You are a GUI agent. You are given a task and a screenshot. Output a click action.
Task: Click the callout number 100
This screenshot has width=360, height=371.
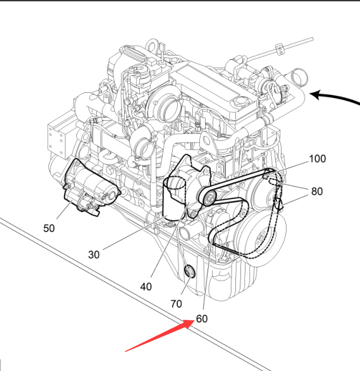pyautogui.click(x=318, y=159)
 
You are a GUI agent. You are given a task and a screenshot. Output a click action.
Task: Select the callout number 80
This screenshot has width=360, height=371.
pyautogui.click(x=317, y=192)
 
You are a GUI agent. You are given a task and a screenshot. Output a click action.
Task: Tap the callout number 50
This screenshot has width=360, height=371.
pyautogui.click(x=49, y=228)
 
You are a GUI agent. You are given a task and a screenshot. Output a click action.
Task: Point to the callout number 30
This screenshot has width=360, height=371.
pyautogui.click(x=94, y=255)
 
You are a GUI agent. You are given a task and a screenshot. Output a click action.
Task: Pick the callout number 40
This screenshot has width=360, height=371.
pyautogui.click(x=146, y=287)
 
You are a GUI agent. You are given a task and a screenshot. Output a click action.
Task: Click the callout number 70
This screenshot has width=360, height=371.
pyautogui.click(x=177, y=304)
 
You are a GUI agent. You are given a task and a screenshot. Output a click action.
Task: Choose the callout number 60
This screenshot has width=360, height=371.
pyautogui.click(x=202, y=319)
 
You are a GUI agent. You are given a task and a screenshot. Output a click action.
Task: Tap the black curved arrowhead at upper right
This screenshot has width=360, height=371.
pyautogui.click(x=318, y=95)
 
